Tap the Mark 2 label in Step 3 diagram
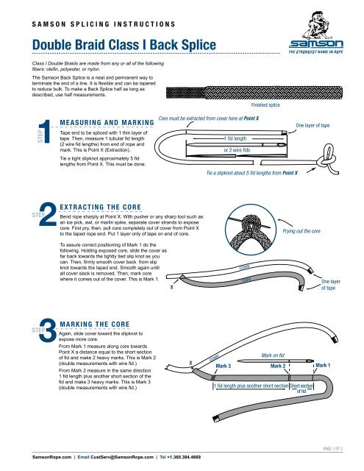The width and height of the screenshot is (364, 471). pyautogui.click(x=277, y=365)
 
